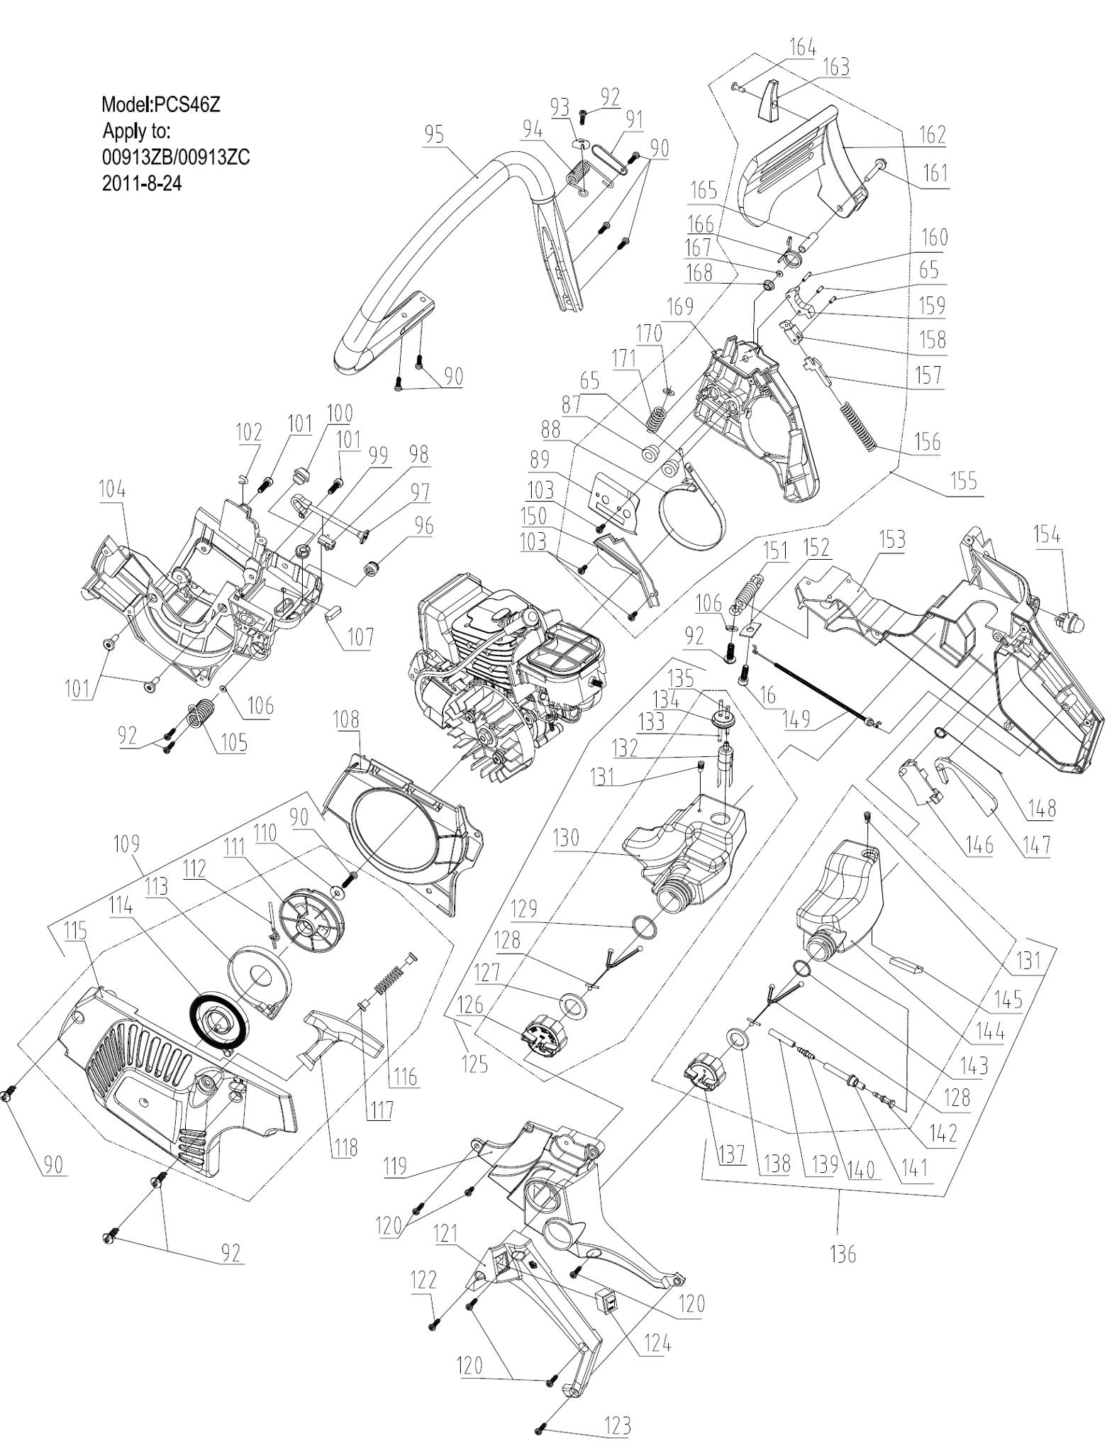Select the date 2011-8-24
[x=142, y=184]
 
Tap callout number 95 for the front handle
[x=435, y=134]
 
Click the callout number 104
[x=113, y=490]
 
